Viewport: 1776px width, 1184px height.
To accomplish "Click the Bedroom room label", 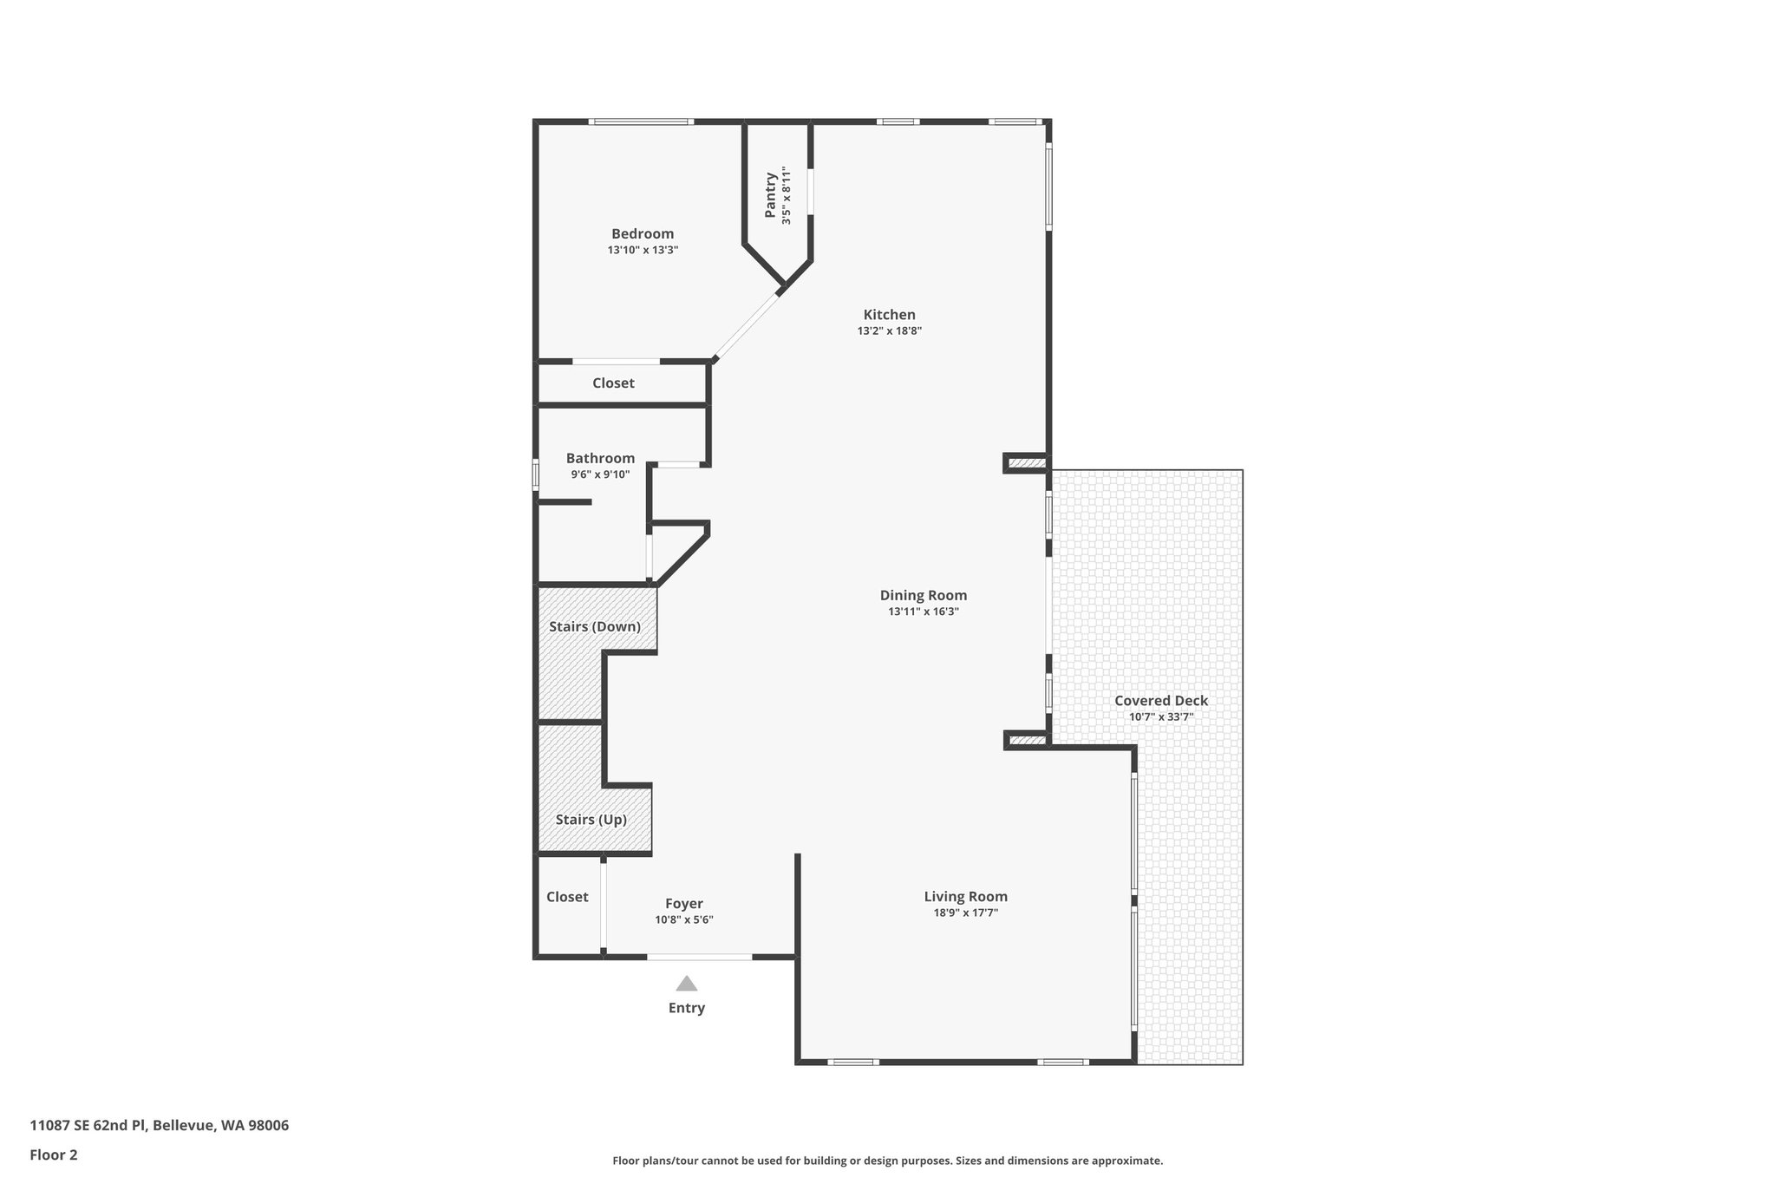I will click(643, 233).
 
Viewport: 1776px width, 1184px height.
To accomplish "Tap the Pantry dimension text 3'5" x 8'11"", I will click(787, 196).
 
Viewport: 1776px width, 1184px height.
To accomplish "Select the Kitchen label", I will click(889, 315).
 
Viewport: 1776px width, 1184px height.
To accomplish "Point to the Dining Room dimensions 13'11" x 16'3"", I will click(923, 612).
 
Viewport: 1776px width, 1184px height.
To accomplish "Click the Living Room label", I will click(965, 897).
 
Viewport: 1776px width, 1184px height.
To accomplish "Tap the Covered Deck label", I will click(1160, 701).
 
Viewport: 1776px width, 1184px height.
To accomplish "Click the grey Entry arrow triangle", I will click(687, 984).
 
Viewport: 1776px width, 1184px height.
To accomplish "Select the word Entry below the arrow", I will click(687, 1008).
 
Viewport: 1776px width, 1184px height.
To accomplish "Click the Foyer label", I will click(683, 904).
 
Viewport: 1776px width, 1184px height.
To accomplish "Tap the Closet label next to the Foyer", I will click(567, 897).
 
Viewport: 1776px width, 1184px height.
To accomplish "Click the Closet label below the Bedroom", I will click(613, 383).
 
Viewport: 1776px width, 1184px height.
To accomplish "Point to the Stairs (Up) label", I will click(591, 820).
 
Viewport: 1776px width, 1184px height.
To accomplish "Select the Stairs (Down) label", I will click(595, 626).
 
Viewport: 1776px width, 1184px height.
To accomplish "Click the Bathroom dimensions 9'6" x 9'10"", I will click(600, 474).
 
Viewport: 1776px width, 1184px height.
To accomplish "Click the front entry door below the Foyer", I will click(699, 957).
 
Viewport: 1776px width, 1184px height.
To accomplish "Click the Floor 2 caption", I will click(54, 1155).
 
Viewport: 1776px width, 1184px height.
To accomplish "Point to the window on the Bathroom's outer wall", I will click(535, 474).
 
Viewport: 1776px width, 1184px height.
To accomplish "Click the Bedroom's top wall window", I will click(641, 121).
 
